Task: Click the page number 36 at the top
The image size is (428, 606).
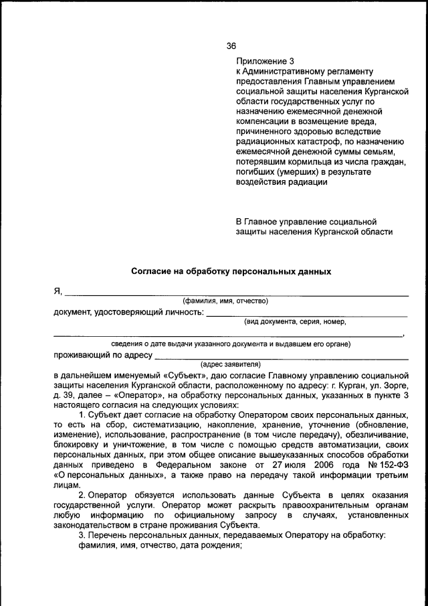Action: point(231,46)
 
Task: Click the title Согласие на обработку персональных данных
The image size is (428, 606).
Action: point(231,273)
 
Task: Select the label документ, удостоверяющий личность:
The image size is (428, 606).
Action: point(128,311)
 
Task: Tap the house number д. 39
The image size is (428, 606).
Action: point(64,396)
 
